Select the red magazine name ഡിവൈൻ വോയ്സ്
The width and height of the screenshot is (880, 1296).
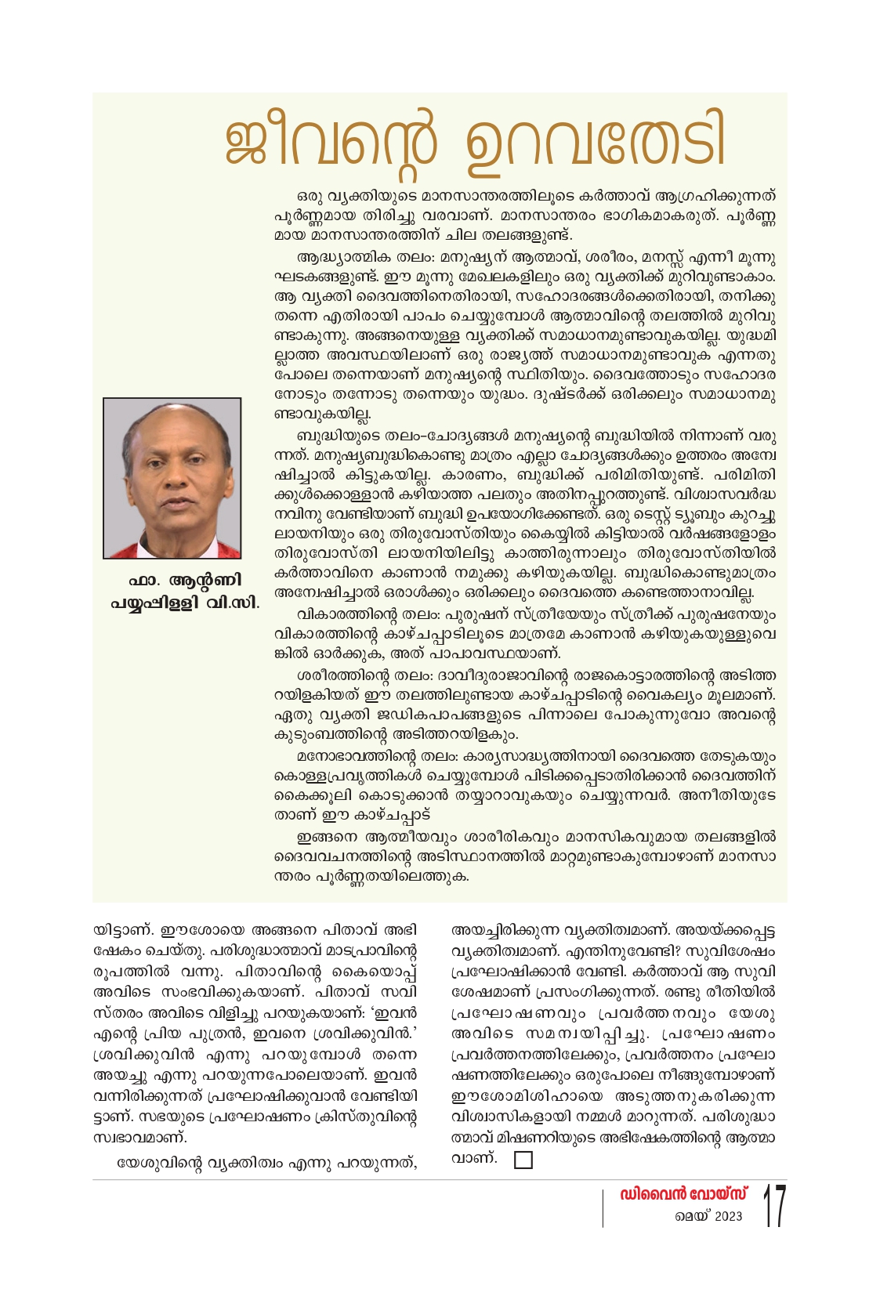pyautogui.click(x=683, y=1194)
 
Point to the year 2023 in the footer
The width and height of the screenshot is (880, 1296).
pyautogui.click(x=728, y=1217)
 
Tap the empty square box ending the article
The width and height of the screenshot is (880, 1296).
pyautogui.click(x=523, y=1160)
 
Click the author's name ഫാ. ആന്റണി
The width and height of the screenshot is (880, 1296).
pyautogui.click(x=185, y=581)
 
